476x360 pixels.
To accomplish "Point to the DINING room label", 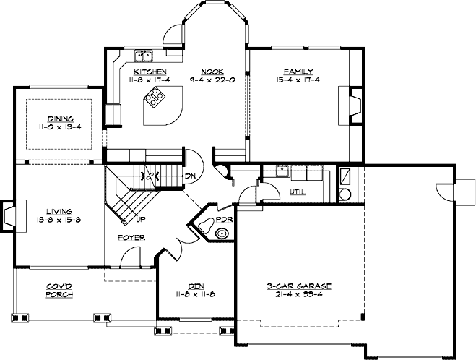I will point(60,119).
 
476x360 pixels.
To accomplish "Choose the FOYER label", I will point(133,237).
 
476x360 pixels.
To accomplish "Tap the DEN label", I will point(194,286).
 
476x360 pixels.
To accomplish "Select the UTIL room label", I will point(297,192).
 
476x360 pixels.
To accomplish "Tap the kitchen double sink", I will point(144,55).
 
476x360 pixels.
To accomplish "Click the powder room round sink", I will point(222,233).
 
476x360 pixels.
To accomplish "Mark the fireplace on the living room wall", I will point(9,214).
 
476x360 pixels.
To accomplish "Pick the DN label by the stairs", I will point(190,176).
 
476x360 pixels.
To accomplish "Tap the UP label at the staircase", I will point(140,218).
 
